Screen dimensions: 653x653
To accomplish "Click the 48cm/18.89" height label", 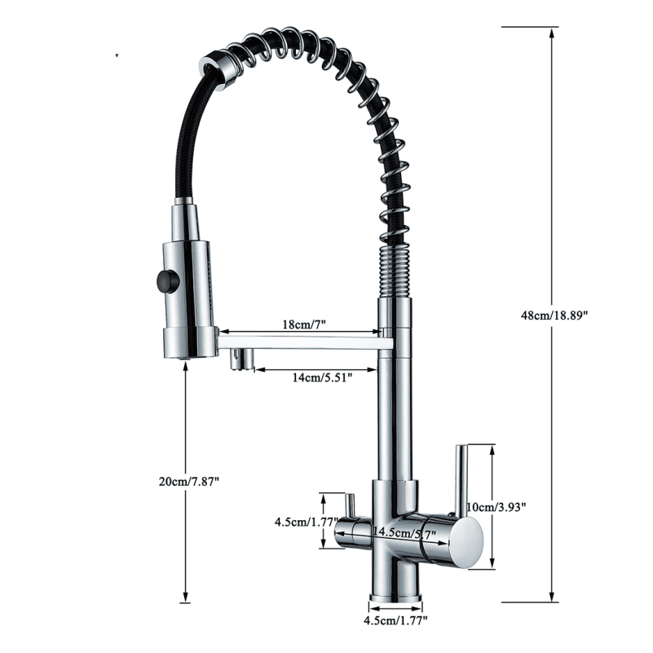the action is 554,315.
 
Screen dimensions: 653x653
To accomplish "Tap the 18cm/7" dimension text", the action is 303,324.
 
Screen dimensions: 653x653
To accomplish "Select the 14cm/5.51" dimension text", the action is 322,377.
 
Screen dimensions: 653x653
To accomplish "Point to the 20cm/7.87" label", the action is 188,482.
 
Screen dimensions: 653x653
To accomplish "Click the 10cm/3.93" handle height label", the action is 496,507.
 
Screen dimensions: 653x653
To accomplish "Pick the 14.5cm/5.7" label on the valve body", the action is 404,532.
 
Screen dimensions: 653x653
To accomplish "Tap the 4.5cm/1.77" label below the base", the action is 395,621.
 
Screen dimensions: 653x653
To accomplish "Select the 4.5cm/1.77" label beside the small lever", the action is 306,522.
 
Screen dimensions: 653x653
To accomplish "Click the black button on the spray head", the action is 167,281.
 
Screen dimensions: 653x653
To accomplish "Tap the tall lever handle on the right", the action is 461,479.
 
